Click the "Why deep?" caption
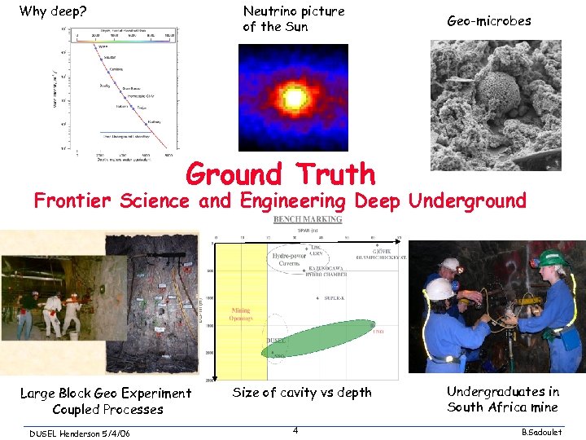coord(53,11)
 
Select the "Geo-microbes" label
coord(488,21)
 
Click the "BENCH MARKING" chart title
coord(308,219)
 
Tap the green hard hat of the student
coord(551,257)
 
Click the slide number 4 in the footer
coord(295,429)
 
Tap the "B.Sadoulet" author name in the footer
coord(552,432)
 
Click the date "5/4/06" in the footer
coord(123,432)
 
